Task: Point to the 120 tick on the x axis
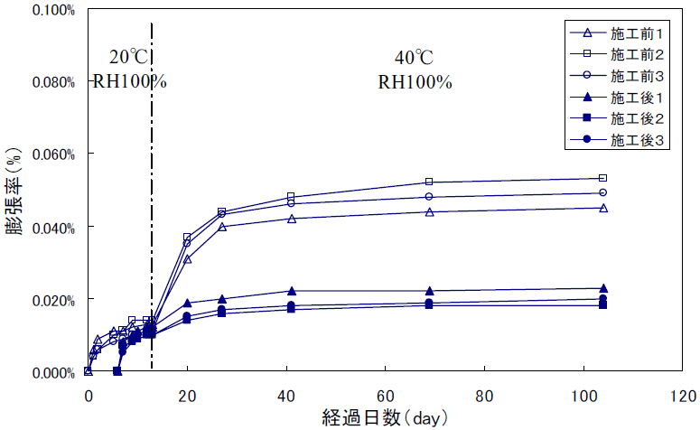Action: pyautogui.click(x=683, y=395)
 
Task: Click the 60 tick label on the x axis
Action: pyautogui.click(x=386, y=395)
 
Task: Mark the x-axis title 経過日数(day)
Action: pyautogui.click(x=385, y=418)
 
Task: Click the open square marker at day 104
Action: pyautogui.click(x=603, y=178)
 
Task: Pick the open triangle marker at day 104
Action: pyautogui.click(x=603, y=208)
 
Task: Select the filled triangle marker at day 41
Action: pyautogui.click(x=291, y=291)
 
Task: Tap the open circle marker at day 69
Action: pyautogui.click(x=429, y=196)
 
